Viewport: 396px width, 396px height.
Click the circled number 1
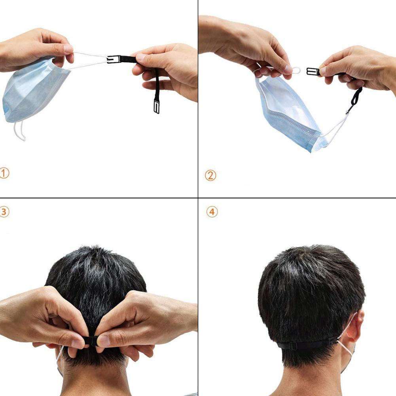click(4, 173)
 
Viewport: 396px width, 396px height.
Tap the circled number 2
click(210, 175)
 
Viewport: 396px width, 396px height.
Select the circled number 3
click(4, 212)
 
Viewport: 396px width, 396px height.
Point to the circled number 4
click(212, 212)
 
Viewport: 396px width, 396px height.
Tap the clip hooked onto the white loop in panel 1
click(113, 59)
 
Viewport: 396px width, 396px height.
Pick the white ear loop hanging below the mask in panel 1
click(20, 131)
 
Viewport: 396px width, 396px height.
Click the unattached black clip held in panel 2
click(313, 72)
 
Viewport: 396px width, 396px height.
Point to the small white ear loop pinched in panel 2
click(296, 70)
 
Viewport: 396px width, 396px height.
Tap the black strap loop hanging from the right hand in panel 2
click(355, 99)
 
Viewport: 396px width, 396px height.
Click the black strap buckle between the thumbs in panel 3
click(92, 341)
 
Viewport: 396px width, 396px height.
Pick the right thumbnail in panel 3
click(103, 341)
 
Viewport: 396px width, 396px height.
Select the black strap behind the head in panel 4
click(307, 344)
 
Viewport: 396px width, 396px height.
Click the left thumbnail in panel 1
click(68, 49)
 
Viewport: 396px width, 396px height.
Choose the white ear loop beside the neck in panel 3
click(59, 356)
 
